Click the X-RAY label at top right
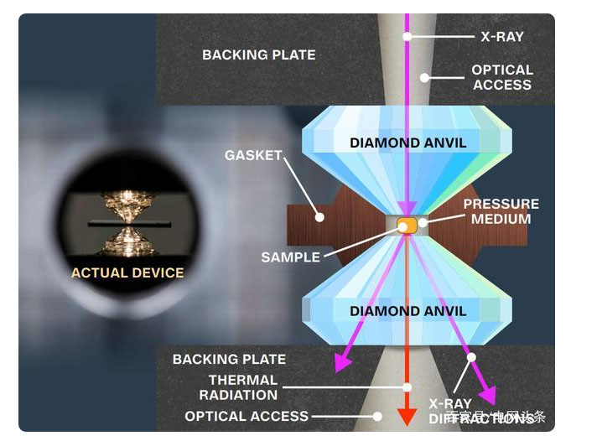tap(501, 37)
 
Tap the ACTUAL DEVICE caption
tap(127, 272)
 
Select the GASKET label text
tap(253, 156)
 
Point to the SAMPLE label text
tap(290, 257)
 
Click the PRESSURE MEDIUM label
tap(501, 211)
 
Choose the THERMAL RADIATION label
tap(243, 387)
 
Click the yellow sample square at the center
tap(407, 225)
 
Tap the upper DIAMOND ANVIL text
tap(408, 143)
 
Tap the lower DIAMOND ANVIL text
tap(408, 311)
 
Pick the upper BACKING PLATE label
tap(258, 55)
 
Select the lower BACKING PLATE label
tap(229, 359)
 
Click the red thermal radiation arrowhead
tap(408, 417)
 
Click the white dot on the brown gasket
tap(319, 216)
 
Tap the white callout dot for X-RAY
tap(408, 36)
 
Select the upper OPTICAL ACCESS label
tap(501, 77)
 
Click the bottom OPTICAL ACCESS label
tap(247, 416)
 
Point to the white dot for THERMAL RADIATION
tap(408, 387)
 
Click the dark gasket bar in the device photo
tap(127, 226)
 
